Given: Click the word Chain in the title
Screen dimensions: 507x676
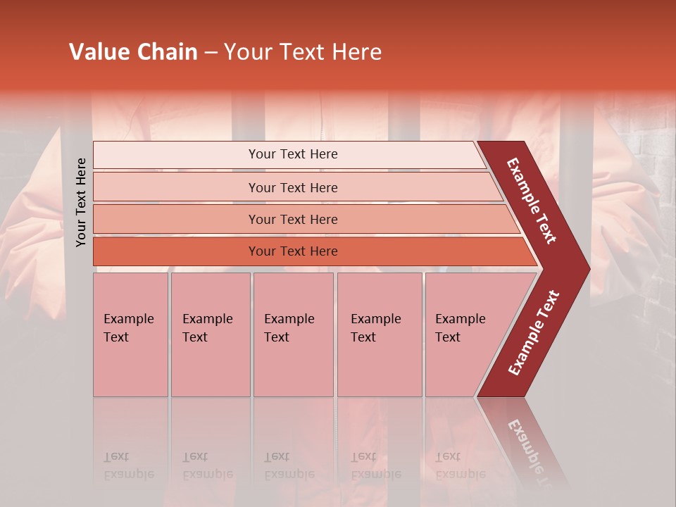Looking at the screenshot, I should click(x=166, y=52).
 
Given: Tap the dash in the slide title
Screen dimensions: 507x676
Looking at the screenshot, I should click(x=211, y=53).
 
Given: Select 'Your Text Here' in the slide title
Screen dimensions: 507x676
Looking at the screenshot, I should click(x=303, y=52).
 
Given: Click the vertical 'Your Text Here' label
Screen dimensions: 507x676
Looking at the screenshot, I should click(x=81, y=202).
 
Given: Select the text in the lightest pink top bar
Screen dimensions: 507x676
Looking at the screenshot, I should click(x=293, y=154).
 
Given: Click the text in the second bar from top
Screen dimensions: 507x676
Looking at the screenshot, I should click(x=293, y=187).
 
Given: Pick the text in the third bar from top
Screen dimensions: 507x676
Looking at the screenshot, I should click(x=293, y=220).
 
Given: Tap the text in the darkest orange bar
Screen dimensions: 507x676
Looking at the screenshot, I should click(x=293, y=251).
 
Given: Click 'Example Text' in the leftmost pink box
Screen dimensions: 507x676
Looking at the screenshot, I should click(x=128, y=328).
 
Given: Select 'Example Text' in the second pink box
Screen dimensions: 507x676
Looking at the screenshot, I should click(x=207, y=328).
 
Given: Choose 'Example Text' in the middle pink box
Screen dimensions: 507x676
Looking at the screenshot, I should click(x=289, y=328).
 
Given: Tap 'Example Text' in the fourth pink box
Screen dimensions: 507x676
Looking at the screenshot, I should click(x=375, y=328).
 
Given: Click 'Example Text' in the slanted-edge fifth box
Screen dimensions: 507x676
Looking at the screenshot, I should click(x=460, y=328).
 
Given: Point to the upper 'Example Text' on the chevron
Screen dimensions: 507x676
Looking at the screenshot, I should click(x=532, y=201).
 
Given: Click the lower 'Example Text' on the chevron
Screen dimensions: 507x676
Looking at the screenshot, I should click(x=534, y=333).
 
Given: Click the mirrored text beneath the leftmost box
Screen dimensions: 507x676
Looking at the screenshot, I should click(x=128, y=465).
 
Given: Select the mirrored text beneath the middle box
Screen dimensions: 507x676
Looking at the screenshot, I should click(x=289, y=465).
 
